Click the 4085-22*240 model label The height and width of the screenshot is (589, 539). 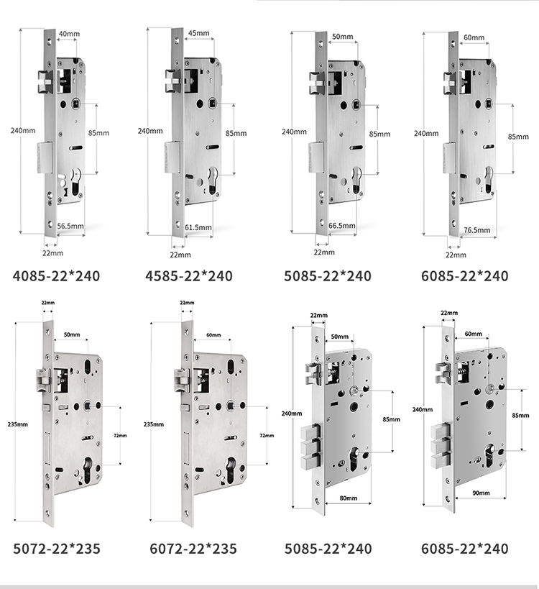(57, 276)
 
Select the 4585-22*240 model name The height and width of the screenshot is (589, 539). (189, 276)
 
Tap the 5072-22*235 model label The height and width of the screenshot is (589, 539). (57, 549)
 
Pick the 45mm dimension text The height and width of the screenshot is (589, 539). (198, 34)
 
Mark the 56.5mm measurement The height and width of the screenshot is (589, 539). (70, 227)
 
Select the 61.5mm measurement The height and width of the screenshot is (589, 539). (198, 227)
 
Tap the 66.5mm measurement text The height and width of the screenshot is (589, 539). (342, 226)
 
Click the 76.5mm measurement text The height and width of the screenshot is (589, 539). (476, 230)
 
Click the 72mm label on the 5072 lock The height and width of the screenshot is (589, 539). (121, 435)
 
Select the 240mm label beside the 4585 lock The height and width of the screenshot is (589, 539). (149, 131)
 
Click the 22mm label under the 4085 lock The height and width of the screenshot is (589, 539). (52, 253)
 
